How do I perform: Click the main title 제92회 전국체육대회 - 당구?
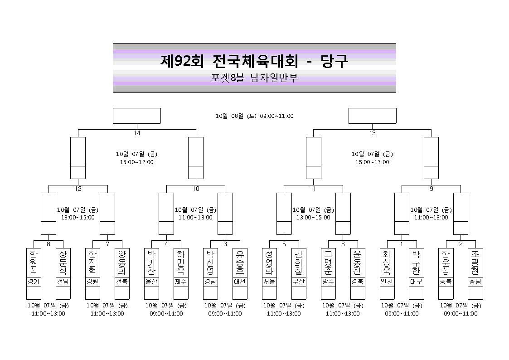[254, 61]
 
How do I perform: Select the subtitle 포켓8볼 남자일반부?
[254, 78]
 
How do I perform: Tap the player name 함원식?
[34, 262]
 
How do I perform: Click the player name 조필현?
[475, 262]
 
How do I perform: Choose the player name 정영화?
[269, 262]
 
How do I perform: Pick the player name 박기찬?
[151, 262]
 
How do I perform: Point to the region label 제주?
[181, 282]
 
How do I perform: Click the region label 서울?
[269, 282]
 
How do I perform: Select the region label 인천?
[387, 282]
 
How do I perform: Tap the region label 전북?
[122, 282]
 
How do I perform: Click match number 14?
[137, 133]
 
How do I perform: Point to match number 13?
[372, 133]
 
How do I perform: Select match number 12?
[78, 189]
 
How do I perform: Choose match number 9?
[431, 189]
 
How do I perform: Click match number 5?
[284, 244]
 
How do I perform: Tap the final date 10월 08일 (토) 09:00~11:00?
[255, 116]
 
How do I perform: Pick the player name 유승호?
[240, 262]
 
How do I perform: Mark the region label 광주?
[328, 282]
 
